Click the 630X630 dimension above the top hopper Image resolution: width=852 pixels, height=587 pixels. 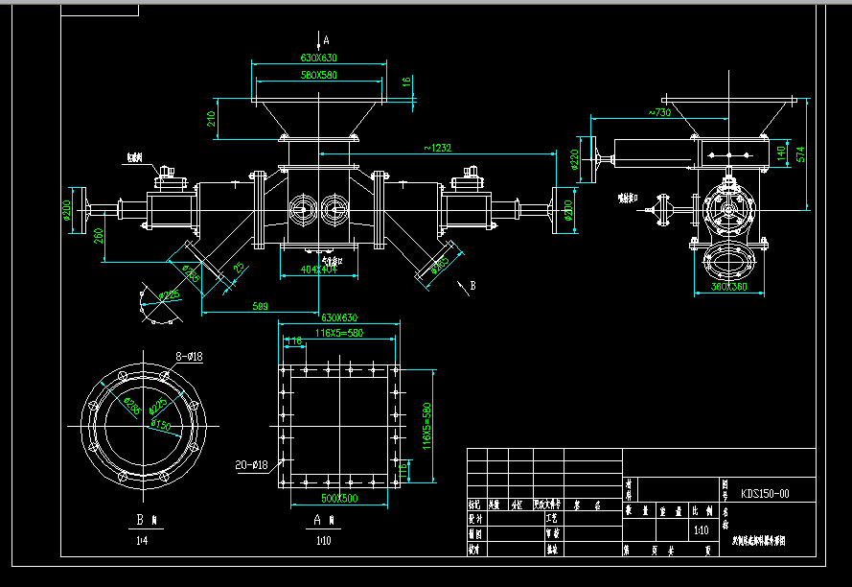point(318,59)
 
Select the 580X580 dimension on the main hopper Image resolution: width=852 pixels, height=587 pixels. point(318,74)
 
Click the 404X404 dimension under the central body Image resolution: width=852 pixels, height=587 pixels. point(319,270)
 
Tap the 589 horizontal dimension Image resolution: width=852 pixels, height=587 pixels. point(260,306)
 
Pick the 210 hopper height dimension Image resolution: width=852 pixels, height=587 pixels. point(211,118)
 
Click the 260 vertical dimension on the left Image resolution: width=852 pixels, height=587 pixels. point(100,235)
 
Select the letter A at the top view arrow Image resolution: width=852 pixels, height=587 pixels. point(326,40)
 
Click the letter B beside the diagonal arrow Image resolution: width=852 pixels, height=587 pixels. point(472,285)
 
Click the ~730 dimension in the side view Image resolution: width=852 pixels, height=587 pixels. point(658,113)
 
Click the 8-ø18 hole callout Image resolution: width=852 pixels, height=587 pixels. point(188,356)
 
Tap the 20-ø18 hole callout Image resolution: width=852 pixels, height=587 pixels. point(250,465)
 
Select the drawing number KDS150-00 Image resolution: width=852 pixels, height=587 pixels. point(766,494)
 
